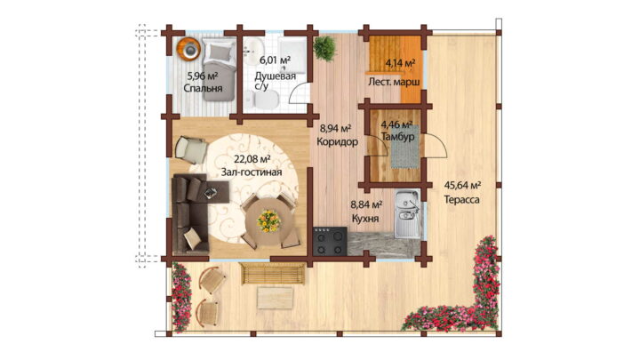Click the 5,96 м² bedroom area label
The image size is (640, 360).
pyautogui.click(x=202, y=76)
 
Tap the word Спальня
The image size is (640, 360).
pyautogui.click(x=203, y=88)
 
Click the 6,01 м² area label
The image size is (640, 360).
pyautogui.click(x=275, y=60)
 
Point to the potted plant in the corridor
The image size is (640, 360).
pyautogui.click(x=325, y=49)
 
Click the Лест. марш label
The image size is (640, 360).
pyautogui.click(x=394, y=82)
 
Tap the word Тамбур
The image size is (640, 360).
pyautogui.click(x=397, y=136)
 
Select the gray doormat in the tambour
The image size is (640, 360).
pyautogui.click(x=405, y=152)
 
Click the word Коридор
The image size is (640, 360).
pyautogui.click(x=338, y=141)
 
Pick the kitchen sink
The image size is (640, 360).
pyautogui.click(x=407, y=214)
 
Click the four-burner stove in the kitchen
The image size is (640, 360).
pyautogui.click(x=330, y=241)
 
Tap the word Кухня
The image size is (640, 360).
pyautogui.click(x=365, y=219)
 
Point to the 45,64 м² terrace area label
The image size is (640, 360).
pyautogui.click(x=462, y=186)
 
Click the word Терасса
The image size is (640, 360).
pyautogui.click(x=461, y=200)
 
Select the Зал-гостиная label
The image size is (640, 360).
pyautogui.click(x=252, y=172)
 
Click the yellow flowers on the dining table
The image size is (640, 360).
pyautogui.click(x=268, y=220)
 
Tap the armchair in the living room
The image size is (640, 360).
pyautogui.click(x=191, y=149)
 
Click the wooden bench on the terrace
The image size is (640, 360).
pyautogui.click(x=273, y=274)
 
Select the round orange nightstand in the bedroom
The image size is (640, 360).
pyautogui.click(x=189, y=49)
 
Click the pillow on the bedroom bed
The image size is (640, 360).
pyautogui.click(x=220, y=52)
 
